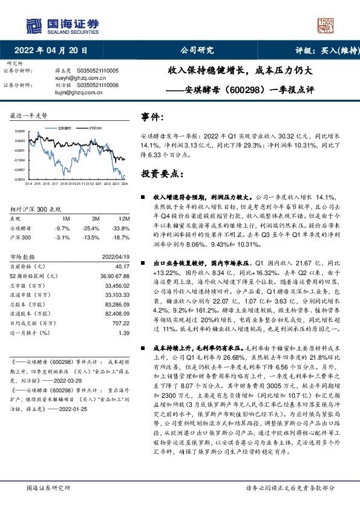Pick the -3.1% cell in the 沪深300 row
coord(63,238)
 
